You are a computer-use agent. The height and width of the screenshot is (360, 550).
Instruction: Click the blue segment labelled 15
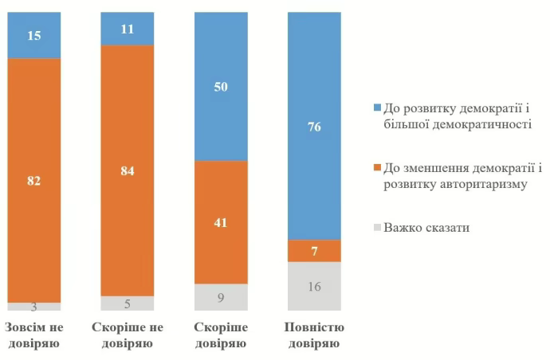tap(34, 35)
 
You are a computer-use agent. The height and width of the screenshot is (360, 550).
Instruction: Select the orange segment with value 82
tap(34, 180)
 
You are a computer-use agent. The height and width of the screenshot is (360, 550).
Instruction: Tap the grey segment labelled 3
tap(34, 307)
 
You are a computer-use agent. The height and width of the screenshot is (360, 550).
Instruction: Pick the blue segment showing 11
tap(128, 29)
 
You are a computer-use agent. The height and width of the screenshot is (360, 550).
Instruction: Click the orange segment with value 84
tap(128, 170)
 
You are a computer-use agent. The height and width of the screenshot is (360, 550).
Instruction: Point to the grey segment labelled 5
tap(128, 303)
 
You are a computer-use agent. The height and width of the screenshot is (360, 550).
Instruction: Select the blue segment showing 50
tap(221, 86)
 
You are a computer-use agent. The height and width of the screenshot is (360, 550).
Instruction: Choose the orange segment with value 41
tap(221, 222)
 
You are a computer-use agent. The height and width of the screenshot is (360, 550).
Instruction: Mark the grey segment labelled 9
tap(221, 297)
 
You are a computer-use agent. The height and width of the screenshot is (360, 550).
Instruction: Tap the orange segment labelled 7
tap(314, 251)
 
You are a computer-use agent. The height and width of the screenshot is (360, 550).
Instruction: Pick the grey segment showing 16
tap(314, 286)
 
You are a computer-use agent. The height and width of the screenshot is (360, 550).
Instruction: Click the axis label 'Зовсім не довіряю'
tap(34, 335)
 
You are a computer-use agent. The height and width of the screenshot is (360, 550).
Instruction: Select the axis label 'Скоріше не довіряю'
tap(128, 335)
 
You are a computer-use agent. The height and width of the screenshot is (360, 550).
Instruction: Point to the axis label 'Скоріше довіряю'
tap(221, 335)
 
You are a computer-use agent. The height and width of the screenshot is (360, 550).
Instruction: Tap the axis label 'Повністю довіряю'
tap(314, 335)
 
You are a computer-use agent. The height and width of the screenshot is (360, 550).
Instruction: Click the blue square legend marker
tap(375, 107)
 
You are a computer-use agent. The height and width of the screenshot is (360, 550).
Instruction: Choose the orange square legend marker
tap(375, 167)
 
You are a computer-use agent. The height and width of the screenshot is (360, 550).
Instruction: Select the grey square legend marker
tap(375, 228)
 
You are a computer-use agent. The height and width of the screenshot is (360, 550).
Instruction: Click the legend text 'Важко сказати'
tap(427, 228)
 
